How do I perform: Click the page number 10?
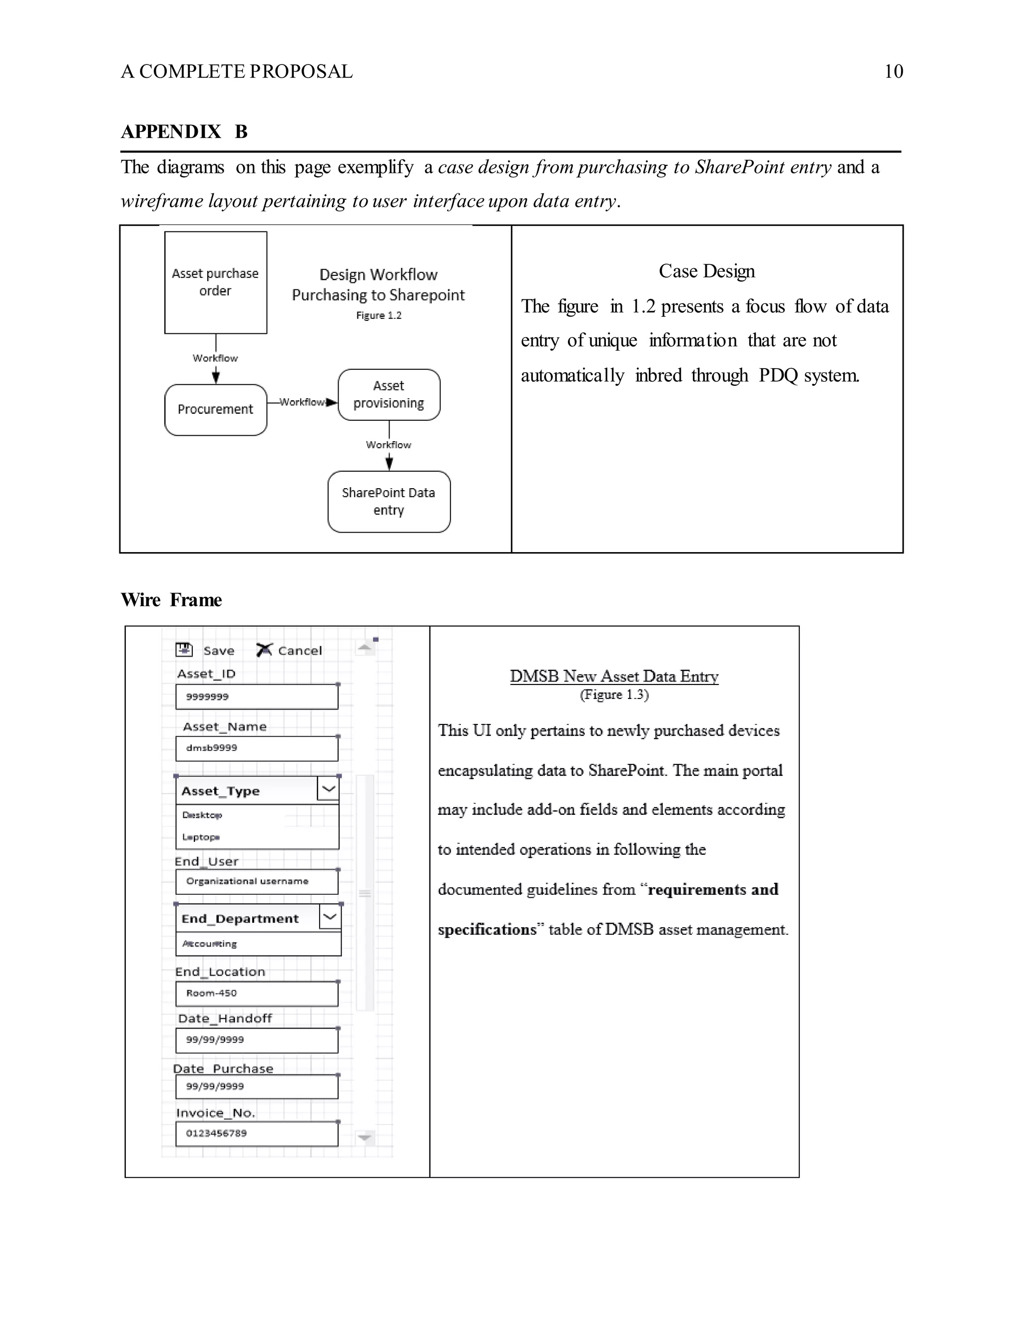pyautogui.click(x=893, y=71)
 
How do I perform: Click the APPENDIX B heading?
pyautogui.click(x=184, y=131)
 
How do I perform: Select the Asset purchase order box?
pyautogui.click(x=215, y=282)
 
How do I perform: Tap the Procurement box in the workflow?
pyautogui.click(x=215, y=410)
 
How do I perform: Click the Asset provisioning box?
pyautogui.click(x=389, y=395)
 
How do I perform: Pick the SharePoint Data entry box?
pyautogui.click(x=389, y=501)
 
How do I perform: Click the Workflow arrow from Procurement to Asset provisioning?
pyautogui.click(x=303, y=402)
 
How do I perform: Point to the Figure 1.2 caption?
pyautogui.click(x=378, y=315)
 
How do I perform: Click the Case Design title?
pyautogui.click(x=707, y=271)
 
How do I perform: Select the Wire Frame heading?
pyautogui.click(x=171, y=600)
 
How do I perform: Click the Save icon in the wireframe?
pyautogui.click(x=184, y=650)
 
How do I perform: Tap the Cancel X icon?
pyautogui.click(x=264, y=650)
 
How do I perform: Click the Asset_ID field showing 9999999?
pyautogui.click(x=256, y=696)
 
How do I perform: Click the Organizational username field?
pyautogui.click(x=256, y=881)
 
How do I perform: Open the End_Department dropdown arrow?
pyautogui.click(x=330, y=917)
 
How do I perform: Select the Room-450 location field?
pyautogui.click(x=256, y=994)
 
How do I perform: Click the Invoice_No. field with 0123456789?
pyautogui.click(x=256, y=1134)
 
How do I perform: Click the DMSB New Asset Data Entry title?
pyautogui.click(x=614, y=676)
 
